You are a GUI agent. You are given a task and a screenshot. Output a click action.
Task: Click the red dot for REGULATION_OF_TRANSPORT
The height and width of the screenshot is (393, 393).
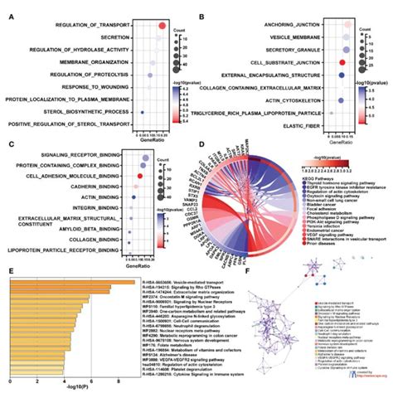[x=164, y=26]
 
